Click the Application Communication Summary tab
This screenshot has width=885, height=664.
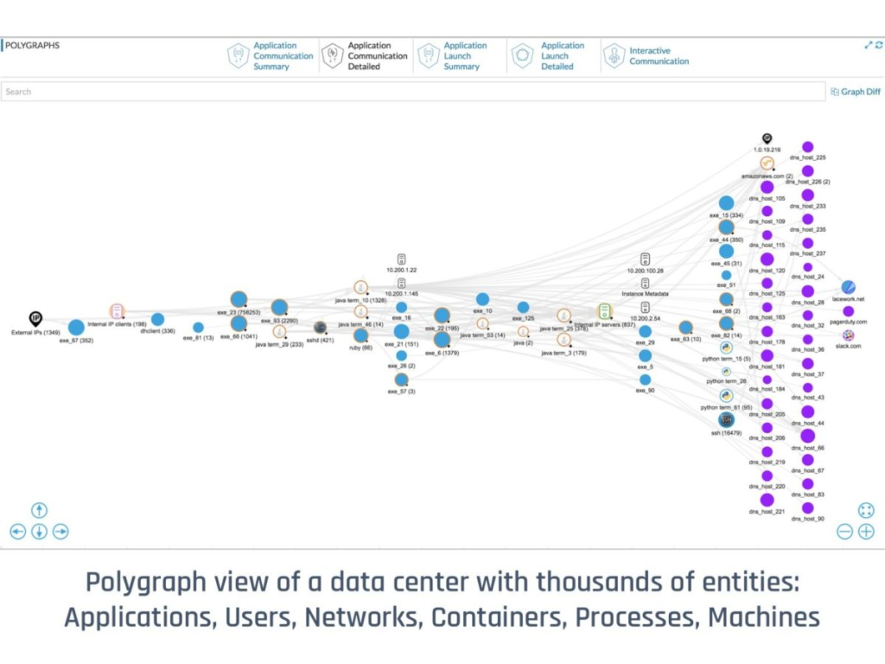point(271,56)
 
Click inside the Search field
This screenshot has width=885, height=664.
point(412,92)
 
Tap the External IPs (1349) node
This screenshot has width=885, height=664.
point(35,319)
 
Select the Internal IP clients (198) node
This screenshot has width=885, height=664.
point(117,311)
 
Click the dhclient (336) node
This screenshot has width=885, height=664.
point(157,320)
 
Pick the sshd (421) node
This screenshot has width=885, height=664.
point(320,328)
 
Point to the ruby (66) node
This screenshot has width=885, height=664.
point(361,335)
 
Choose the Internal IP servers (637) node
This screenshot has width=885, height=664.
point(604,311)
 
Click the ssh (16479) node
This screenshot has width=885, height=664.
point(726,419)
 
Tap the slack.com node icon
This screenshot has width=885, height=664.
point(849,335)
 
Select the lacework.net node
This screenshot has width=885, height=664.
point(849,287)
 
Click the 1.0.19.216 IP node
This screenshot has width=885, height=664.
point(767,138)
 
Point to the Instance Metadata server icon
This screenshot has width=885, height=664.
point(645,283)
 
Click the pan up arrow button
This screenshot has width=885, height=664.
point(39,510)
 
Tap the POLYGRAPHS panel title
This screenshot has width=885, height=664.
point(33,46)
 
